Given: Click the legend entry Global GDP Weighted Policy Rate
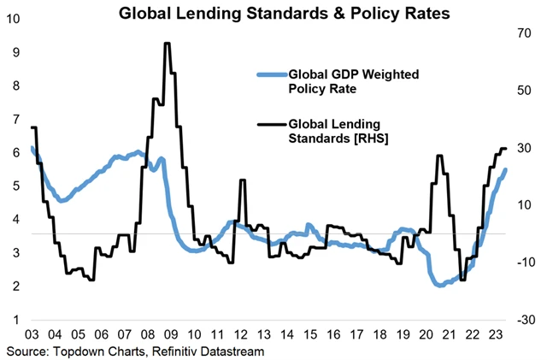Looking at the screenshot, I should (340, 80).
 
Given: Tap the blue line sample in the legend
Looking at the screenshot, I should (272, 74).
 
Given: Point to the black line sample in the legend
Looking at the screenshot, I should (272, 125).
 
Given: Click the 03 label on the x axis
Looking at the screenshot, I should (32, 334).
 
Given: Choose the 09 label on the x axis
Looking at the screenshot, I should (171, 334).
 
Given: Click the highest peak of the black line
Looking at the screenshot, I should (168, 44).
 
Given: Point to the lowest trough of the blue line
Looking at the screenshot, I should (440, 286).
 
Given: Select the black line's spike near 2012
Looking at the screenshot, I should (243, 180).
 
